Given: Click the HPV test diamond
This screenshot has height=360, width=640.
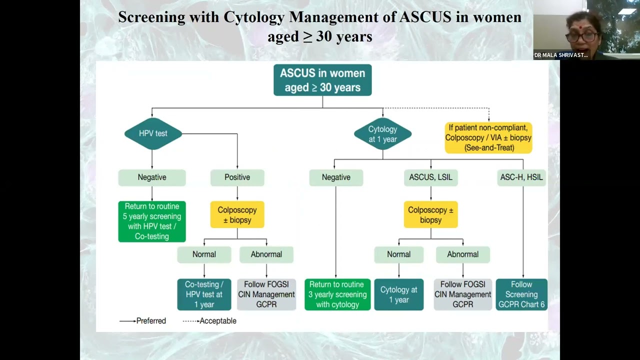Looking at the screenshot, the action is (153, 133).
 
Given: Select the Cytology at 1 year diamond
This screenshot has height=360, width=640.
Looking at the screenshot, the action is (382, 133).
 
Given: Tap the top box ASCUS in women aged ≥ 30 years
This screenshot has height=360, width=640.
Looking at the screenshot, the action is (322, 80).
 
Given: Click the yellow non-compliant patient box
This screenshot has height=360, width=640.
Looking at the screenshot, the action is (488, 137).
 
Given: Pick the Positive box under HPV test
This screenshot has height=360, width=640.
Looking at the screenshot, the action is (237, 177).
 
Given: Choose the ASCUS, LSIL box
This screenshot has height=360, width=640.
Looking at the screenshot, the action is (430, 177).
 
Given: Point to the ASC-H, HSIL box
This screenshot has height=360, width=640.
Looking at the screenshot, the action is (521, 177).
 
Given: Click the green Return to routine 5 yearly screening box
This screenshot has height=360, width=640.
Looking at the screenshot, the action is (152, 221).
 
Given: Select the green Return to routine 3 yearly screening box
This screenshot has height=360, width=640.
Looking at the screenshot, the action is (337, 294).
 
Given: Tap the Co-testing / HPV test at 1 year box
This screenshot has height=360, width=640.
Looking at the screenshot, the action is (204, 294).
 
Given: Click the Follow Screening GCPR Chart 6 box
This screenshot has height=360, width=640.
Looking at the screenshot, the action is (521, 294).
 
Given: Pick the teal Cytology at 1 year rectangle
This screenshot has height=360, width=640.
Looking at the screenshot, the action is (399, 294).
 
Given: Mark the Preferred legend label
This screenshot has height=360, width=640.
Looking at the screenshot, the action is (151, 321).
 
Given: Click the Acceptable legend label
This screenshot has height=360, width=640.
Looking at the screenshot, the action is (218, 321).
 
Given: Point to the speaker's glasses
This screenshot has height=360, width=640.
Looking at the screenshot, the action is (581, 37).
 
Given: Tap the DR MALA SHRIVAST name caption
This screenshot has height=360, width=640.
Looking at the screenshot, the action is (561, 55).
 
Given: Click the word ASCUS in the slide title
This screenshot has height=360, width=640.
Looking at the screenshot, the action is (425, 17).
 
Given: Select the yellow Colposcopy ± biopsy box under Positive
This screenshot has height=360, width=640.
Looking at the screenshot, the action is (237, 214).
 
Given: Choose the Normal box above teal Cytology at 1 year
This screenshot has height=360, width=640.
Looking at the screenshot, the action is (399, 254).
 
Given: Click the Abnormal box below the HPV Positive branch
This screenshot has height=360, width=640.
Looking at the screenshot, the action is (266, 254).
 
